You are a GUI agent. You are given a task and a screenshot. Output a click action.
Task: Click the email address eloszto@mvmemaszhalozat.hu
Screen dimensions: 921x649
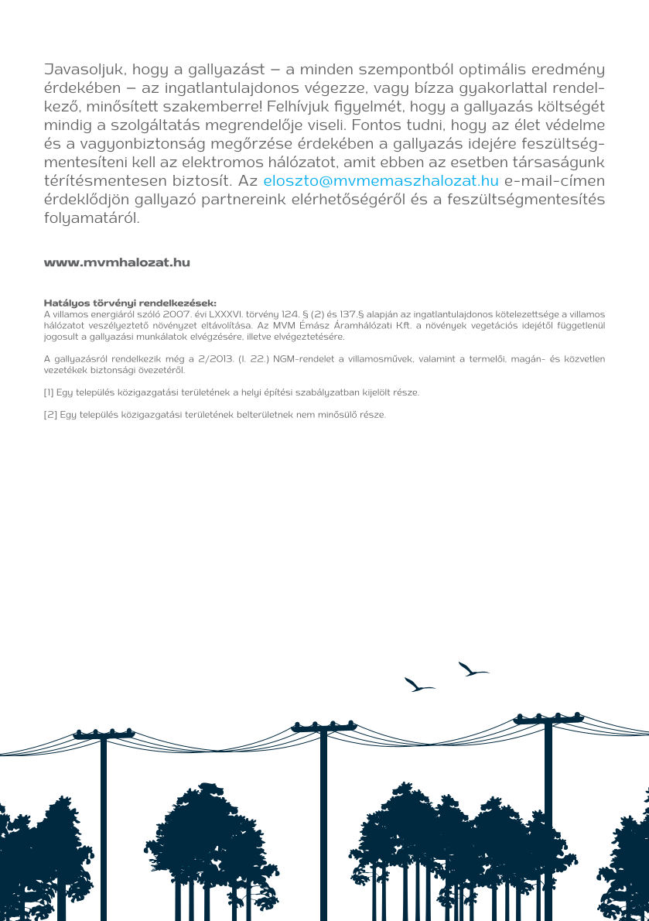[381, 182]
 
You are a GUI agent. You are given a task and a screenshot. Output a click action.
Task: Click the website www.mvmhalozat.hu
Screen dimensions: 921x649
[117, 262]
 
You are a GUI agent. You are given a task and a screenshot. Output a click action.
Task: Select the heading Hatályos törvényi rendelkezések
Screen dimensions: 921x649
[130, 304]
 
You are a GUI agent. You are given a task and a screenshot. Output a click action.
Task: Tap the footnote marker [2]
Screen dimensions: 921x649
[50, 415]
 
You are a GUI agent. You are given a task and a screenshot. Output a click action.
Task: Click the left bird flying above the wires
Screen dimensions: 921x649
[418, 685]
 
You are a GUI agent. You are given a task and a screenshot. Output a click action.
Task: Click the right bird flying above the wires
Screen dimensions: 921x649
[473, 669]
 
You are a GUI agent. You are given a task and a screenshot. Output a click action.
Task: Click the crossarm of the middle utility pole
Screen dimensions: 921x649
[323, 728]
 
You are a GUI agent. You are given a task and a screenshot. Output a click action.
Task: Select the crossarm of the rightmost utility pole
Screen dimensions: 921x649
[548, 720]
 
